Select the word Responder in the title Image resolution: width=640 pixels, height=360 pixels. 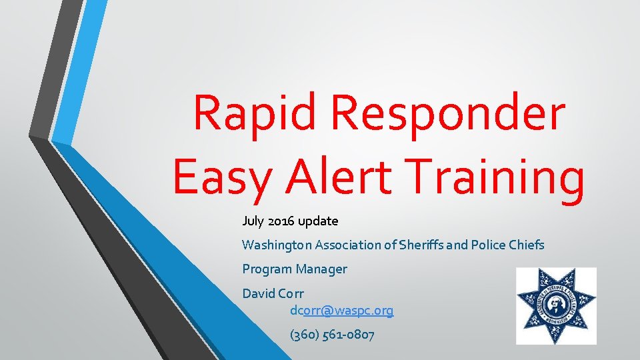coord(449,113)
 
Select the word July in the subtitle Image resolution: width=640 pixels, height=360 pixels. coord(253,221)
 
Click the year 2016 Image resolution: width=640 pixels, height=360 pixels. coord(281,221)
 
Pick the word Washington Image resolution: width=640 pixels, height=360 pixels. coord(278,245)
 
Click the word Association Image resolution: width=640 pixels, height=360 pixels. coord(349,245)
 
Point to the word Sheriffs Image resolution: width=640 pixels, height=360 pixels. coord(423,245)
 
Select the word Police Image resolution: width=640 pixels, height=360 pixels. coord(489,245)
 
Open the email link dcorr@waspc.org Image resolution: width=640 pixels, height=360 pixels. coord(341,311)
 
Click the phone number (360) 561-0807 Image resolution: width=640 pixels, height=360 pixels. coord(332,335)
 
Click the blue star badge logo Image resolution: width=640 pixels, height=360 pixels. coord(556,306)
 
